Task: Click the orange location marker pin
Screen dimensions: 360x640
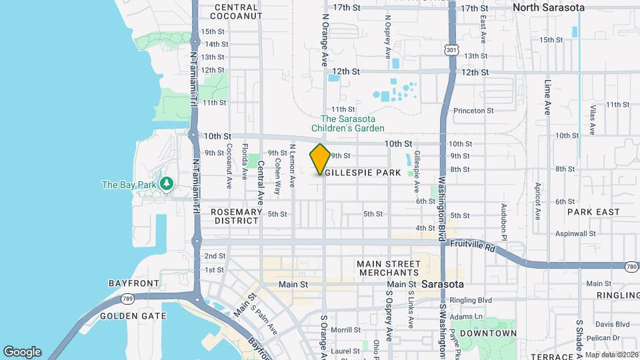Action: click(x=320, y=159)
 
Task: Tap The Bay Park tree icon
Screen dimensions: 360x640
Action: click(x=166, y=183)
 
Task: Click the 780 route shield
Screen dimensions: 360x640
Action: click(x=631, y=267)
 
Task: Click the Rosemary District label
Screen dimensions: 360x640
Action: click(x=236, y=216)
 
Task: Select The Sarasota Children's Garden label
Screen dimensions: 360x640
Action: click(x=349, y=123)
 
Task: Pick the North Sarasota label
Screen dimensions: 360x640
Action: click(x=549, y=7)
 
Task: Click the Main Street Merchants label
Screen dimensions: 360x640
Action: click(x=387, y=268)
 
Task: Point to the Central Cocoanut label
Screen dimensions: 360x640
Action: click(x=237, y=11)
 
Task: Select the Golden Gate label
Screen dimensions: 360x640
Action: click(x=128, y=315)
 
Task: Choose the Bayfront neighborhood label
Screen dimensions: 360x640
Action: click(x=133, y=283)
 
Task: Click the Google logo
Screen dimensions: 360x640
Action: click(x=22, y=351)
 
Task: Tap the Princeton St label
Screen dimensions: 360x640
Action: click(x=473, y=111)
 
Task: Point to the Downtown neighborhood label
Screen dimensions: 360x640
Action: click(x=489, y=333)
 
